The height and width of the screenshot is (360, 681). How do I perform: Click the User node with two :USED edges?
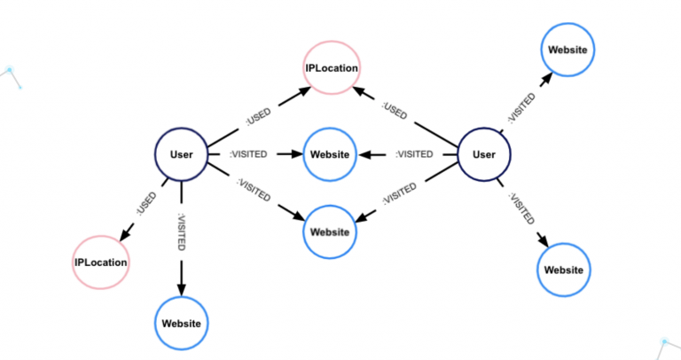(181, 154)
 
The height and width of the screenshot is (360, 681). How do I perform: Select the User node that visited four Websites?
(484, 154)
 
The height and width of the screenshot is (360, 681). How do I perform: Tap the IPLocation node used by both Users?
(333, 67)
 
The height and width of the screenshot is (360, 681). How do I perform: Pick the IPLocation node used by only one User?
(100, 262)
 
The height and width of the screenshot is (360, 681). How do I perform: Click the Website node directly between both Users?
(330, 154)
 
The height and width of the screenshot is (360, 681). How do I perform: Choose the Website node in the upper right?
(567, 50)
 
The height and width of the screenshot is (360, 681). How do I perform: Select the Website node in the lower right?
(564, 270)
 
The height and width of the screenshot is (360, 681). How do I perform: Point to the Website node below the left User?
(182, 323)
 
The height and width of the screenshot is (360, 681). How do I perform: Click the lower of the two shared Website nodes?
(330, 231)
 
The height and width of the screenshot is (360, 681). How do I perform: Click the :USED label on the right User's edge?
(395, 110)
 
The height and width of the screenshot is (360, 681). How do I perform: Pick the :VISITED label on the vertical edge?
(182, 231)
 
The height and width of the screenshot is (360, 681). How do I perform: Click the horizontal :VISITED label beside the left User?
(249, 154)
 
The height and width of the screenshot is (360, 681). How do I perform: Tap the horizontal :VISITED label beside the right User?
(414, 154)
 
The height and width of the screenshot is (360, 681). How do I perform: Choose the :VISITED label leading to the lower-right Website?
(521, 207)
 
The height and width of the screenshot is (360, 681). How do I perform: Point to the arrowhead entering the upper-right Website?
(544, 77)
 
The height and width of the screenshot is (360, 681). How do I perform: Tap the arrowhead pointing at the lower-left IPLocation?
(125, 234)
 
